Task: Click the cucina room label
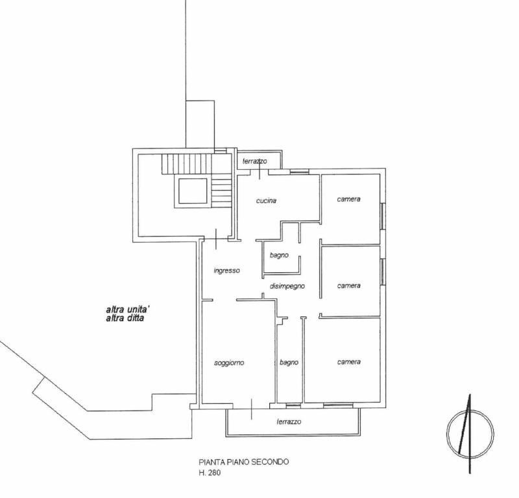[x=266, y=200]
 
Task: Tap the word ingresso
[x=226, y=270]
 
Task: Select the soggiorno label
[x=229, y=363]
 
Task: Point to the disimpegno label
[x=287, y=286]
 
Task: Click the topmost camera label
[x=348, y=199]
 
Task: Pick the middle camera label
[x=348, y=285]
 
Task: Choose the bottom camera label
[x=349, y=362]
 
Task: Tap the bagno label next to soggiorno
[x=289, y=362]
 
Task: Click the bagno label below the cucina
[x=279, y=255]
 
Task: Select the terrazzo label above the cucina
[x=254, y=161]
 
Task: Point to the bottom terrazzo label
[x=289, y=421]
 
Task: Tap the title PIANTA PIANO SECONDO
[x=244, y=462]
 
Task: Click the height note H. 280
[x=210, y=473]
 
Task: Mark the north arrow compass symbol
[x=470, y=434]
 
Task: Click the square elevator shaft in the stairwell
[x=193, y=191]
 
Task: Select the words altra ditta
[x=125, y=318]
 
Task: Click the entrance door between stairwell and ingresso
[x=216, y=239]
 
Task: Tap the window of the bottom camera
[x=338, y=405]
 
